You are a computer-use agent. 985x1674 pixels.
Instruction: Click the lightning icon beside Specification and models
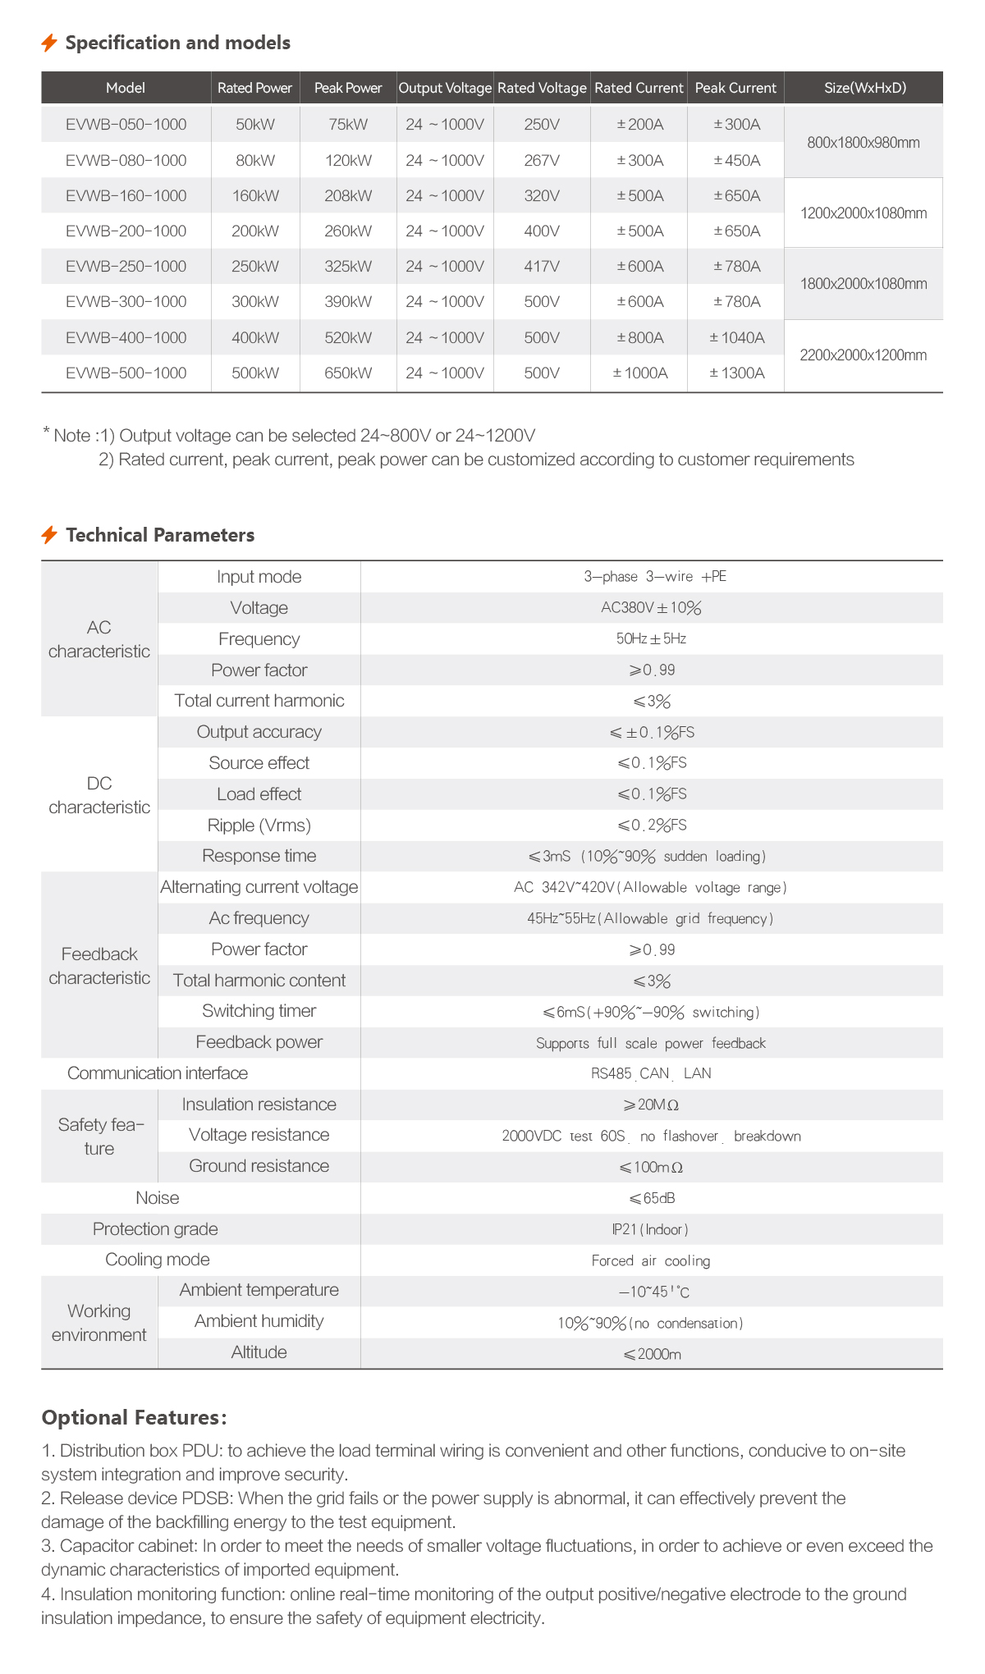point(49,43)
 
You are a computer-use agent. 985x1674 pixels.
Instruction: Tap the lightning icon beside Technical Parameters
point(49,535)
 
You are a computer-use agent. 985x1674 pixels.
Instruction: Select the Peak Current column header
point(735,88)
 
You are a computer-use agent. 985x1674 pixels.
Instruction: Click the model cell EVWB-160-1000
point(126,195)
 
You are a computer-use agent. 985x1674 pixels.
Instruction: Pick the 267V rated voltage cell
point(542,160)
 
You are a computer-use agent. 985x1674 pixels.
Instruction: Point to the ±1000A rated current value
point(640,373)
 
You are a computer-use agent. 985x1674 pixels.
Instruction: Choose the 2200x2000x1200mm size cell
point(864,355)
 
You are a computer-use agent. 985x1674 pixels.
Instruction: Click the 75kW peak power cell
point(348,125)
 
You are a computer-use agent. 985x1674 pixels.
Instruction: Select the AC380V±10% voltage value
point(651,608)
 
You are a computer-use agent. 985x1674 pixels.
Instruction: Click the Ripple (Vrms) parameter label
point(259,825)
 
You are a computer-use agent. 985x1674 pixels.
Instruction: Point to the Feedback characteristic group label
point(99,965)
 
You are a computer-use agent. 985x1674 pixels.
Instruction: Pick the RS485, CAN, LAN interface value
point(651,1073)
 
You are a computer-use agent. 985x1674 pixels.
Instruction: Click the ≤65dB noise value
point(652,1198)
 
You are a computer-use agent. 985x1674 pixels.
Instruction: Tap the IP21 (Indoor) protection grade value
point(650,1229)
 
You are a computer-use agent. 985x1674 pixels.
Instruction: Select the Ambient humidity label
point(259,1321)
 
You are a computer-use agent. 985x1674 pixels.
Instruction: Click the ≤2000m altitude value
point(652,1354)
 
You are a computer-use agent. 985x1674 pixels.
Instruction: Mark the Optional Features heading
point(134,1417)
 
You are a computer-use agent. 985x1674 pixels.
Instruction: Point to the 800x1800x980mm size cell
point(864,143)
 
